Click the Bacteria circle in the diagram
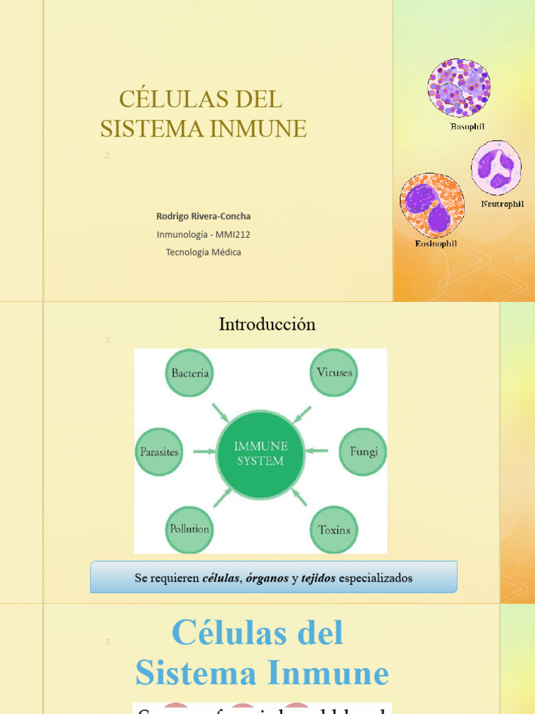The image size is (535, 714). tap(189, 373)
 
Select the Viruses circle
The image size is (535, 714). tap(334, 372)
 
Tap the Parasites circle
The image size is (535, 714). tap(159, 452)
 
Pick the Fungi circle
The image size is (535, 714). tap(363, 452)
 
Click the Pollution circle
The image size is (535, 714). tap(189, 529)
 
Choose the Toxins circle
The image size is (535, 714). tap(334, 530)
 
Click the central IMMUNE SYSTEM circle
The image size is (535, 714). tap(261, 454)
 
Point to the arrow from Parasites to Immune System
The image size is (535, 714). tap(204, 452)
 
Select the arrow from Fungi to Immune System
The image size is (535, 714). tap(318, 450)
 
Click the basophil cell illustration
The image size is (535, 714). tap(458, 88)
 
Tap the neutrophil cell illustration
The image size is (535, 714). tap(496, 168)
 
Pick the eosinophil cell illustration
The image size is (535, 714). tap(432, 205)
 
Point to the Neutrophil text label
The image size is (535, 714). tap(502, 204)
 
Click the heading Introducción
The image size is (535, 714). tap(267, 324)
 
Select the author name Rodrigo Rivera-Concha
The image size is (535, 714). tap(203, 216)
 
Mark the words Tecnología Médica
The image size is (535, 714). tap(203, 252)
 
